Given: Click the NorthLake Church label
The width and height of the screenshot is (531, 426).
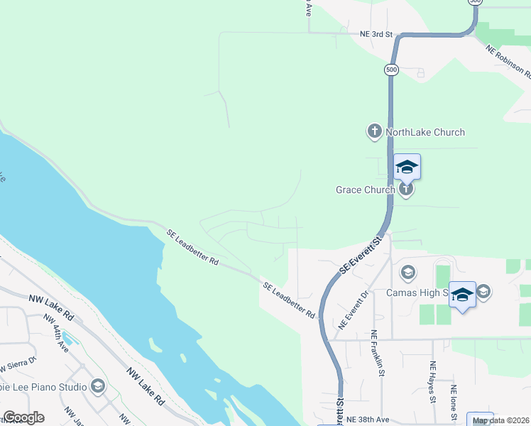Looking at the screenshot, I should coord(425,132).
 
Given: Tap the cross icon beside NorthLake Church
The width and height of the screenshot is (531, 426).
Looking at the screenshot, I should coord(375,131).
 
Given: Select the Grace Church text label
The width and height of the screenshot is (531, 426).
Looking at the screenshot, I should coord(365,190).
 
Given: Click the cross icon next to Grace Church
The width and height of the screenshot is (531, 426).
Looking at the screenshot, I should coord(405,189).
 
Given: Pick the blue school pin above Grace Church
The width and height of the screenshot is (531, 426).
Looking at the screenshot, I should coord(407,167).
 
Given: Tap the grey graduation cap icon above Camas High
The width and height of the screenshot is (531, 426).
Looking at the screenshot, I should coord(408,273).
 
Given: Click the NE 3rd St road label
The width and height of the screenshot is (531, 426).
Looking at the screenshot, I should coord(376,33).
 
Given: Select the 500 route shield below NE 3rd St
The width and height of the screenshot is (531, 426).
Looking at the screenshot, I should coord(391,70).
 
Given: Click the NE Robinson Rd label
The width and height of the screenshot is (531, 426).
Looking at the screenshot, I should coord(509,61).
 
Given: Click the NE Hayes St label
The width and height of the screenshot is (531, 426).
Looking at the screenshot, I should coord(432,381).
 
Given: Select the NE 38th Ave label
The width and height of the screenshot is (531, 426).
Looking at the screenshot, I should coord(369,420).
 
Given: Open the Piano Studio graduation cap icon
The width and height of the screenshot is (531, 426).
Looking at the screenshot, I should coord(98,386).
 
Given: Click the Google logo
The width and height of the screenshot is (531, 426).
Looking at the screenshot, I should coord(23,417).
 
